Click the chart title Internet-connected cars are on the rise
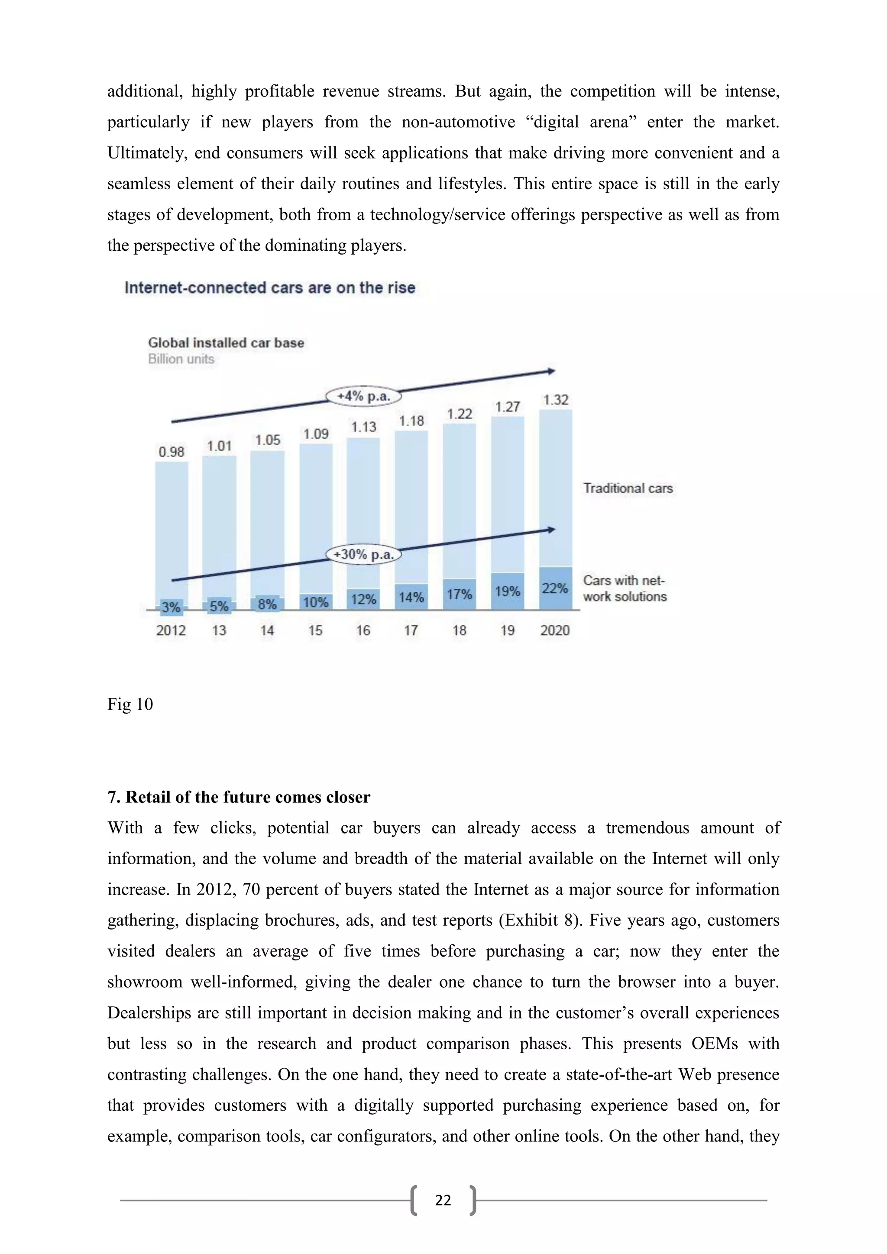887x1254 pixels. (x=270, y=288)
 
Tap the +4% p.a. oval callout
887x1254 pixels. (x=363, y=396)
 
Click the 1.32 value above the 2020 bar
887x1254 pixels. (x=556, y=400)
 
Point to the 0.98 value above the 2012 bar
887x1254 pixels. (x=172, y=452)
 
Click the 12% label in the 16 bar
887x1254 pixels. (x=363, y=599)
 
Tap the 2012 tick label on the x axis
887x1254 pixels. (x=171, y=630)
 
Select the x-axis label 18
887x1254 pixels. (x=460, y=630)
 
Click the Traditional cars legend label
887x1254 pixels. (x=628, y=488)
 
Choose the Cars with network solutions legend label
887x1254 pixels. (x=624, y=588)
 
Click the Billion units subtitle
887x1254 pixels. (x=181, y=359)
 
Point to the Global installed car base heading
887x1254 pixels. (x=226, y=343)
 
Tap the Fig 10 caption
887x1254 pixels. (x=130, y=704)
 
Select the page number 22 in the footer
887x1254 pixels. (x=443, y=1200)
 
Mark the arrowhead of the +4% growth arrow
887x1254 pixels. (x=552, y=372)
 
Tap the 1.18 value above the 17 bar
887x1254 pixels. (x=411, y=420)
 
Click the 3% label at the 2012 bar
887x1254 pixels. (x=171, y=607)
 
